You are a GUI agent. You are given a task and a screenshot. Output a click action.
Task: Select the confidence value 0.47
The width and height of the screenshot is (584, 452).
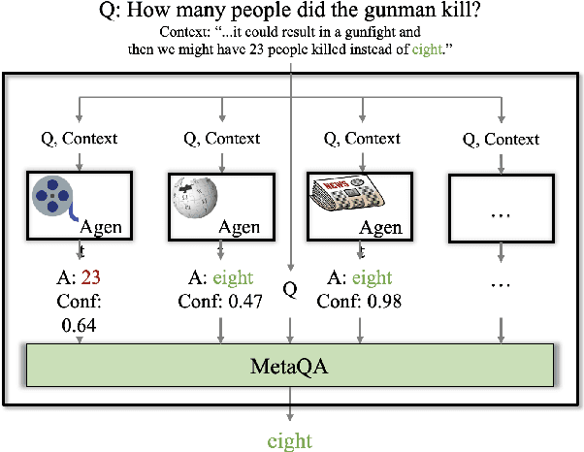(x=252, y=302)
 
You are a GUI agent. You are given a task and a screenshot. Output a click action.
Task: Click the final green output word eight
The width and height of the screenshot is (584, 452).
(x=289, y=441)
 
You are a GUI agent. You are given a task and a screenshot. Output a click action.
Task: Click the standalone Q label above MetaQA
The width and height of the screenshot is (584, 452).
(x=289, y=290)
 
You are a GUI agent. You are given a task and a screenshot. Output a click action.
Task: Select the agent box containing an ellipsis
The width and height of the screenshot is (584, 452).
(x=498, y=207)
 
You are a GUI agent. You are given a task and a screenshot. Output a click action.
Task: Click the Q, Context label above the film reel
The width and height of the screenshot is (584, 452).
(x=81, y=139)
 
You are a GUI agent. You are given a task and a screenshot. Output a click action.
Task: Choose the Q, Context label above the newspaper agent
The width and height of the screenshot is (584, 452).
(x=361, y=139)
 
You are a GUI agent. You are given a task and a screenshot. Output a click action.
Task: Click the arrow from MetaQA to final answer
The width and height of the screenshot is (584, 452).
(x=289, y=407)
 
